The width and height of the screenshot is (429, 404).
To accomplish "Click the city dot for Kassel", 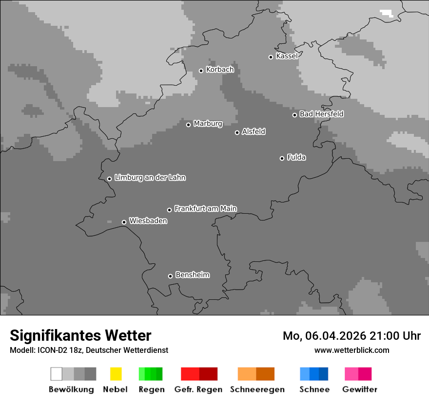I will (x=271, y=57).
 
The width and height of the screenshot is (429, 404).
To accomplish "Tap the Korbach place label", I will (x=220, y=70).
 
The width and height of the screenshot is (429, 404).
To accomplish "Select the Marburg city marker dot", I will (x=188, y=125).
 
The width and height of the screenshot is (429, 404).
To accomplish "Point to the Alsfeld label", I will (x=253, y=131).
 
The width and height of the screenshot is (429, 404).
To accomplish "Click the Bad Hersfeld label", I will (x=321, y=114).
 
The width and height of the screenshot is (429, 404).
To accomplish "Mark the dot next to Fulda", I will (x=282, y=158).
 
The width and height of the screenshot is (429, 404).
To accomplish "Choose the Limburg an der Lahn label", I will (x=150, y=178).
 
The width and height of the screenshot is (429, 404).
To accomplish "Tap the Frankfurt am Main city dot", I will (x=169, y=210).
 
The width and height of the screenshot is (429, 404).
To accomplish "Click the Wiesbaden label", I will (x=148, y=221).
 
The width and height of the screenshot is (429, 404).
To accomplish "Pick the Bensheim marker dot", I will (x=170, y=276).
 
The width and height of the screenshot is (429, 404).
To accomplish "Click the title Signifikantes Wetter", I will (x=80, y=335).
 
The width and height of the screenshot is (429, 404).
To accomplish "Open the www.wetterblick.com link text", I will (x=351, y=350).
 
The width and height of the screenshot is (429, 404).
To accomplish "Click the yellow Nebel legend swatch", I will (x=116, y=374).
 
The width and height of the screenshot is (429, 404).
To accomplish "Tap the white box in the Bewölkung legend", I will (x=56, y=374).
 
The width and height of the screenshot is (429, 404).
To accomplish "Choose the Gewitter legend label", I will (x=359, y=389).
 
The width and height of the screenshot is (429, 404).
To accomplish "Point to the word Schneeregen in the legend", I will (x=257, y=389).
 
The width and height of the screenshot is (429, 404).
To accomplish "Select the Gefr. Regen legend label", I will (x=198, y=389).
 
